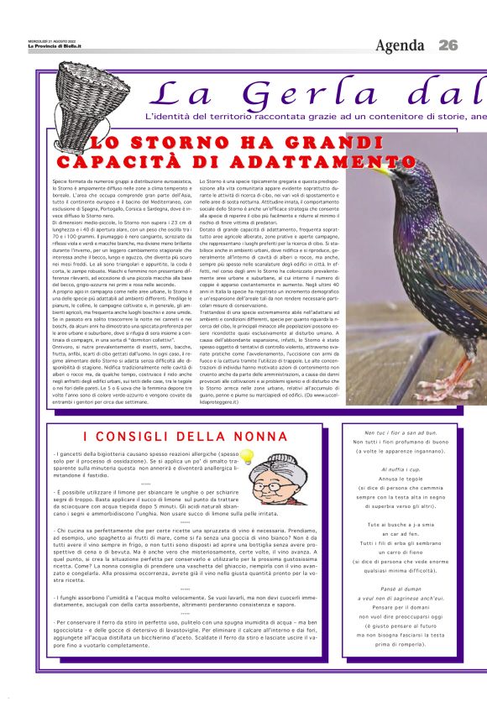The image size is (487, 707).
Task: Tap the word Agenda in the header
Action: click(x=400, y=45)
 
